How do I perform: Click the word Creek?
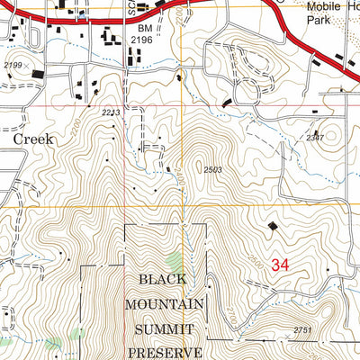click(x=33, y=139)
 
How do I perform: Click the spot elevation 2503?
click(x=212, y=168)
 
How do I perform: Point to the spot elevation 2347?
click(x=314, y=138)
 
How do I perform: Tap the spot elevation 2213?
click(x=111, y=112)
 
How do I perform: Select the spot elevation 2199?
click(x=12, y=66)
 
